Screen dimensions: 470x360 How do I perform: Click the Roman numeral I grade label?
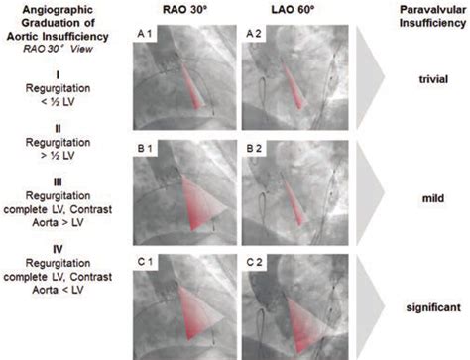click(x=61, y=74)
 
